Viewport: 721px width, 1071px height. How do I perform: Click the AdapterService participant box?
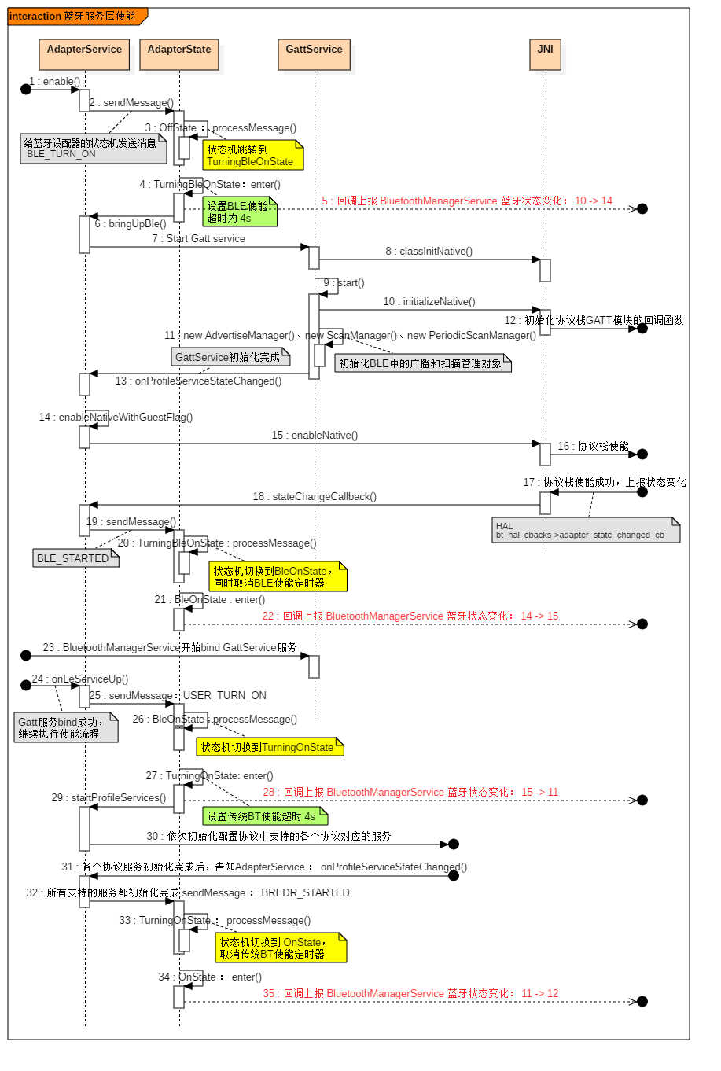(84, 54)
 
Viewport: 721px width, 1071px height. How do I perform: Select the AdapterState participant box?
(179, 54)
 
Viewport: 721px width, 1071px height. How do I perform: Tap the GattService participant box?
(314, 54)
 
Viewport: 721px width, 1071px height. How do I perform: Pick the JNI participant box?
(545, 54)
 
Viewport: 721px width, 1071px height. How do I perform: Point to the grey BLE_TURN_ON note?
(93, 149)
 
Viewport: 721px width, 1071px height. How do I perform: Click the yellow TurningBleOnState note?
(252, 156)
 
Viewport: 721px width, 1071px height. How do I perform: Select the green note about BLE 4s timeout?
(239, 212)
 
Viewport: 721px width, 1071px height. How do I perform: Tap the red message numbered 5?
(466, 201)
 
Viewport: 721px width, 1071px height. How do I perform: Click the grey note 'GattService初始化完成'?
(230, 357)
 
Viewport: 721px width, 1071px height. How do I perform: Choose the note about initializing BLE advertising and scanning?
(422, 363)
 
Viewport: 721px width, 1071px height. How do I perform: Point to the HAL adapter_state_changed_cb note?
(585, 531)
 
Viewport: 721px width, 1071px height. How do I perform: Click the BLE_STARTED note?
(75, 558)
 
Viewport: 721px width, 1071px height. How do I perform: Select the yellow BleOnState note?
(277, 577)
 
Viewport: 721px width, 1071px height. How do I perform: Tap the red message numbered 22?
(410, 616)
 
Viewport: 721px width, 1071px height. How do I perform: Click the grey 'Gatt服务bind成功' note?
(65, 727)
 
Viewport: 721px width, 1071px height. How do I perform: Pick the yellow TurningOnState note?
(269, 747)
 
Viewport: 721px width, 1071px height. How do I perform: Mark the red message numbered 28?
(410, 793)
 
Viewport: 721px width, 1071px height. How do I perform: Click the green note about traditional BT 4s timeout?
(263, 817)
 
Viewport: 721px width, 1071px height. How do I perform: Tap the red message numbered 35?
(410, 994)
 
